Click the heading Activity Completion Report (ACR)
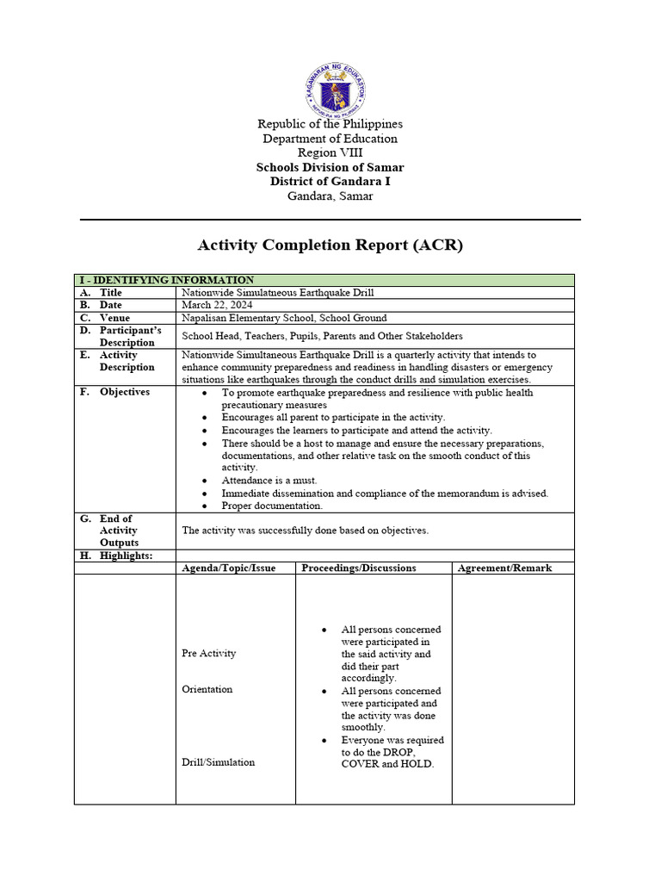(x=330, y=245)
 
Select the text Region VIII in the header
(x=330, y=152)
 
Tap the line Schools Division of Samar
(x=330, y=167)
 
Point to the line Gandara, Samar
(x=330, y=196)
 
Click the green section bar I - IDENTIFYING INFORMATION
(x=324, y=280)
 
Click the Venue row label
(x=114, y=318)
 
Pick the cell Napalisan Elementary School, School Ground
(x=284, y=318)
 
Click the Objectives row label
(x=124, y=392)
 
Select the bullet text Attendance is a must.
(x=269, y=481)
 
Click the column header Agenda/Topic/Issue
(x=229, y=568)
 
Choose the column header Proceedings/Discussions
(x=359, y=568)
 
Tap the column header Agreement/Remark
(x=504, y=568)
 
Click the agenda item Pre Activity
(x=208, y=654)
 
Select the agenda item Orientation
(x=207, y=689)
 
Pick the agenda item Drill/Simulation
(x=218, y=762)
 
